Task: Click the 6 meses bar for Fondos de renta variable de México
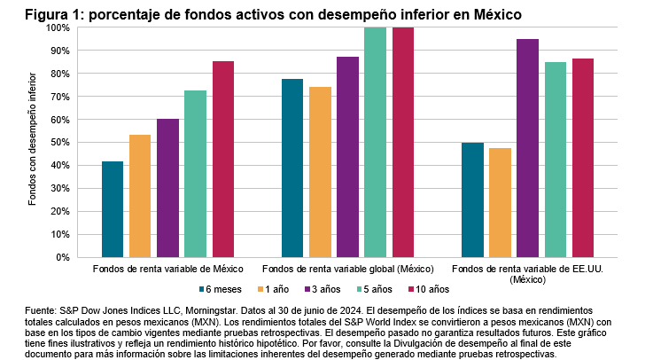tap(113, 209)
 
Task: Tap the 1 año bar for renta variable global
tap(320, 172)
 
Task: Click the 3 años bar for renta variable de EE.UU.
tap(527, 148)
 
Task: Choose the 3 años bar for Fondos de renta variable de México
tap(167, 188)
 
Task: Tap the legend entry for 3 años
tap(323, 288)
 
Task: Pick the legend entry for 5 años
tap(375, 288)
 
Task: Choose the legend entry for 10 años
tap(429, 288)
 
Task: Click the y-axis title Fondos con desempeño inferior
tap(33, 142)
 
